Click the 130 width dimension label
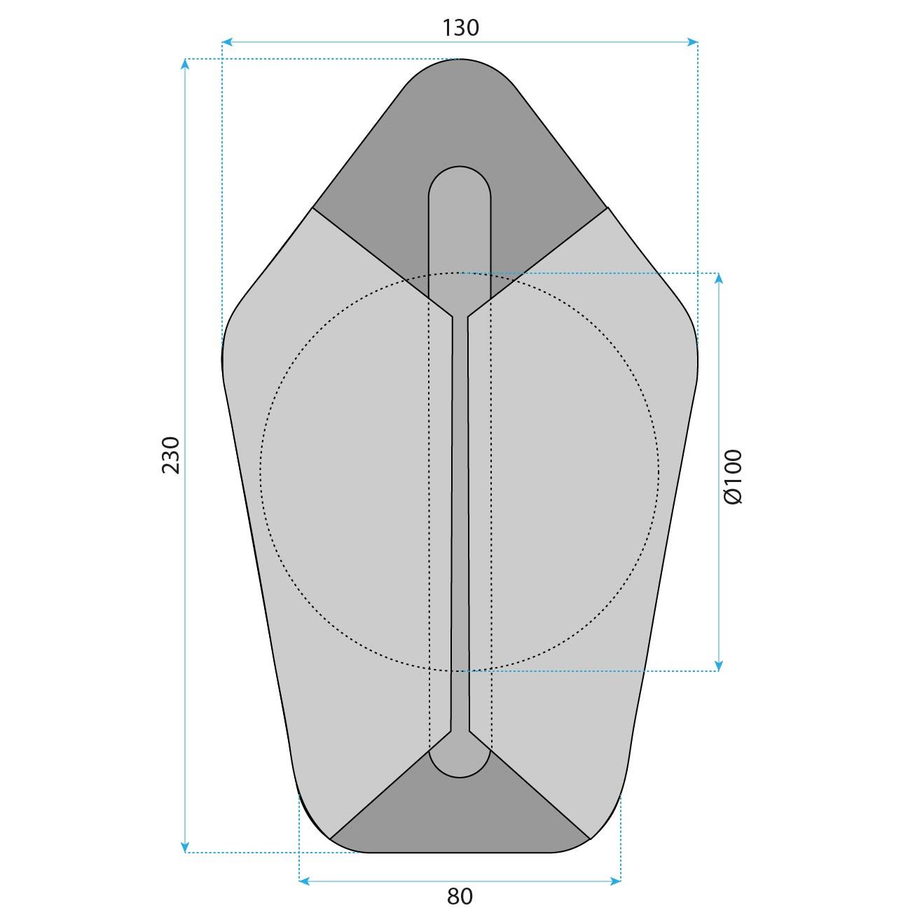click(460, 27)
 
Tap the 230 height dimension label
click(172, 455)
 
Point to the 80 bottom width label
click(460, 896)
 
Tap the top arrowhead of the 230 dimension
click(185, 64)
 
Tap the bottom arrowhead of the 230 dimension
click(185, 848)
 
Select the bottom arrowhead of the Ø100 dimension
click(719, 666)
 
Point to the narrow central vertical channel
click(460, 525)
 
